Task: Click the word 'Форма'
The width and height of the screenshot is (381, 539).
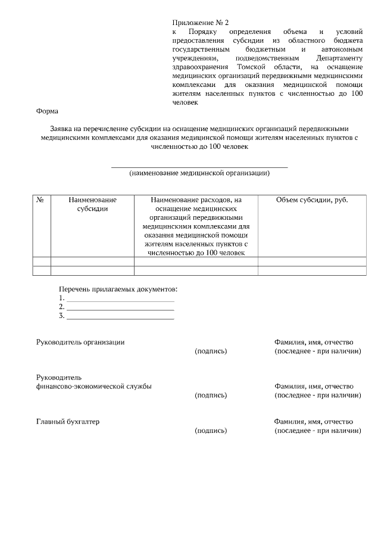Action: [47, 111]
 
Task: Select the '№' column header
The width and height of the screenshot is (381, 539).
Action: [41, 200]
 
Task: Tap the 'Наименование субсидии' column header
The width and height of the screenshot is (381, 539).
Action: [92, 204]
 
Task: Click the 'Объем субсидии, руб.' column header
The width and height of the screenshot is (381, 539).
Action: [312, 200]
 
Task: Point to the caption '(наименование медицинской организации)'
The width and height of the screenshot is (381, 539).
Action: [199, 173]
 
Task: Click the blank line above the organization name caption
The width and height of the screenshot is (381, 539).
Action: [199, 167]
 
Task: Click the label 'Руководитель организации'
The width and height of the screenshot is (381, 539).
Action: [80, 342]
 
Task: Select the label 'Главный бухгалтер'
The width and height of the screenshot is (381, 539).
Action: [68, 422]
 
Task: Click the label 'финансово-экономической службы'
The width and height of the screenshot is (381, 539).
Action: [93, 386]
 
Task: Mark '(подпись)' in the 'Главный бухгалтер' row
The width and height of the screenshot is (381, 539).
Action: [211, 431]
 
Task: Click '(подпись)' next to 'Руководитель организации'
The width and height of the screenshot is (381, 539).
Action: [211, 351]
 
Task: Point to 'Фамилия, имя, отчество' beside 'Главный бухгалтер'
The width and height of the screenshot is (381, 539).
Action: [314, 422]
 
